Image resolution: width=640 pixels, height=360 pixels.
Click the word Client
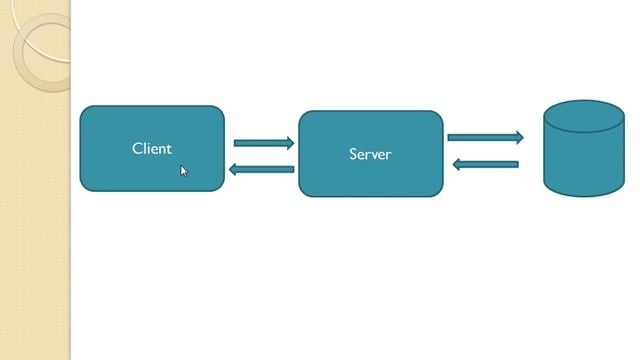point(152,148)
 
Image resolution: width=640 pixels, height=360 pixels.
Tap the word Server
point(370,154)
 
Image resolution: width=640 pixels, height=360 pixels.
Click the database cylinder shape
point(584,160)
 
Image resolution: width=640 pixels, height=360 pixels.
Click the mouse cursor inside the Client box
point(184,171)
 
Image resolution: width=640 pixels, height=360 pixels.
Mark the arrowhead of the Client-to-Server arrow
point(290,143)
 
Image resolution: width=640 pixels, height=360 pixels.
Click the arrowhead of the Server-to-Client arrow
point(234,169)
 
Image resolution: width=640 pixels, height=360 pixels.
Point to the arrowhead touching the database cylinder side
point(518,137)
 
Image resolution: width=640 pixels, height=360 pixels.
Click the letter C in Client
point(137,148)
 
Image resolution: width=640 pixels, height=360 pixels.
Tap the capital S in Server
point(353,154)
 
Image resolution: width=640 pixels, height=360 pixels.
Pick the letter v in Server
point(375,155)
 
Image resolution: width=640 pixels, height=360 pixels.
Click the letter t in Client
point(170,148)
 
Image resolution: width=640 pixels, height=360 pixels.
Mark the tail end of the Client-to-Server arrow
point(237,143)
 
